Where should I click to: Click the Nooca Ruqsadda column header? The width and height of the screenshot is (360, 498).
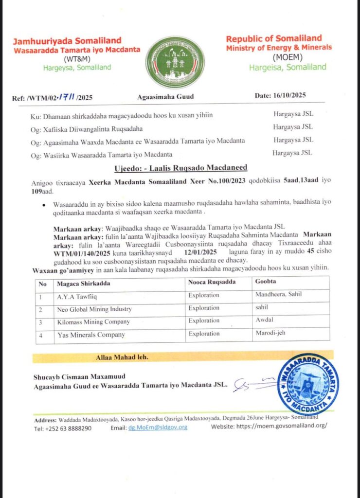[210, 283]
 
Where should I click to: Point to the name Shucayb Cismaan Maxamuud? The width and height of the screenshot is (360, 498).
[79, 376]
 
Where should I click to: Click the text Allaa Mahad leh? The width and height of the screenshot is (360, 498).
[122, 357]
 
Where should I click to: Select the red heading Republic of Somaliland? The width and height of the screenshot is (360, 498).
[274, 38]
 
